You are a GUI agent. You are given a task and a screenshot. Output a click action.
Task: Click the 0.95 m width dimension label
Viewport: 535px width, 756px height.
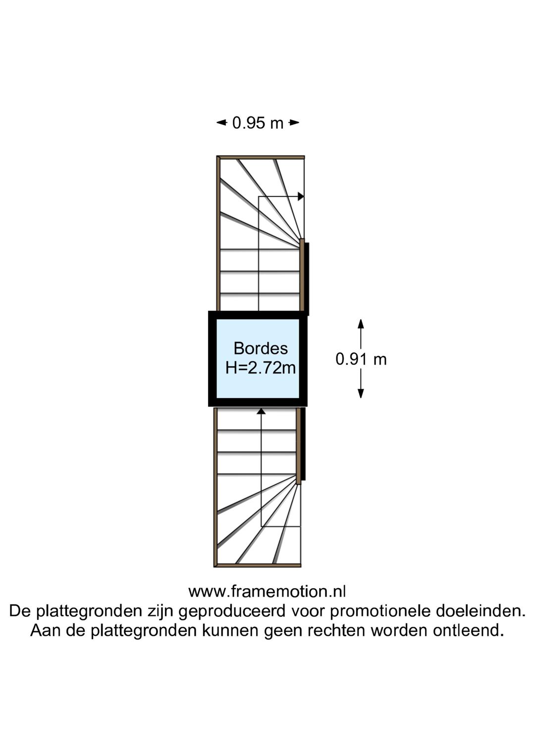[x=258, y=123]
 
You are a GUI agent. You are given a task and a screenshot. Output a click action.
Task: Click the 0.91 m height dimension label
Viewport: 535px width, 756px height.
[x=361, y=359]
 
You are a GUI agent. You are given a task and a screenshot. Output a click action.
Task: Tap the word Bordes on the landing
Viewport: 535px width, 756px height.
[x=261, y=349]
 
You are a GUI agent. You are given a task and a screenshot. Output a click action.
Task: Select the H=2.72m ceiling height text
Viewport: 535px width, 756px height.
[x=261, y=367]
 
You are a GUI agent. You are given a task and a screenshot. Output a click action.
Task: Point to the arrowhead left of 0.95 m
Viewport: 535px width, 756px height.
[x=221, y=122]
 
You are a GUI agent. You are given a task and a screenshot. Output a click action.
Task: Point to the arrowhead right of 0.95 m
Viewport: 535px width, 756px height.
[x=294, y=122]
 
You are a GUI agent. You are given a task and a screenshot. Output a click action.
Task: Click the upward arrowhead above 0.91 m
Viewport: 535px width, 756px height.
[x=361, y=324]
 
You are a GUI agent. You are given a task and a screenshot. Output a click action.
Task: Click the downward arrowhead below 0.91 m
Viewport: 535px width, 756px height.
[x=361, y=394]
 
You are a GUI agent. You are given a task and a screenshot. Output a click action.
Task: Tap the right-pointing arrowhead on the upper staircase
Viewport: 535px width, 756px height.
[x=301, y=196]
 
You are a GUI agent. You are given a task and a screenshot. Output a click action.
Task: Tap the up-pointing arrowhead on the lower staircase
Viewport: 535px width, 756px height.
[x=261, y=411]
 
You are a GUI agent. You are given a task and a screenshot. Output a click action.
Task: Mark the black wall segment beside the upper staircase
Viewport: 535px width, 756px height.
[x=307, y=279]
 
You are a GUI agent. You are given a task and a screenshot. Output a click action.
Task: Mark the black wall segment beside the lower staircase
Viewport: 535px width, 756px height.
[x=303, y=444]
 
